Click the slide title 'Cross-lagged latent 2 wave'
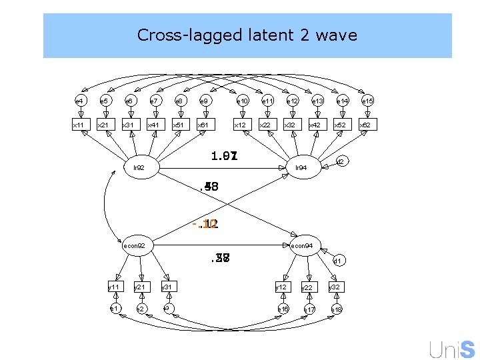click(247, 35)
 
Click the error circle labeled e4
click(79, 101)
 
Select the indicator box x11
click(79, 125)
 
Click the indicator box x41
click(154, 125)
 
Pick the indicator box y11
click(115, 287)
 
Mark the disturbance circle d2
click(340, 161)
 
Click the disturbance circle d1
click(337, 261)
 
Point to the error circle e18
click(336, 309)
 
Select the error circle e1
click(115, 309)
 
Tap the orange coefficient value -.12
click(206, 225)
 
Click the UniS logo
click(452, 348)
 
